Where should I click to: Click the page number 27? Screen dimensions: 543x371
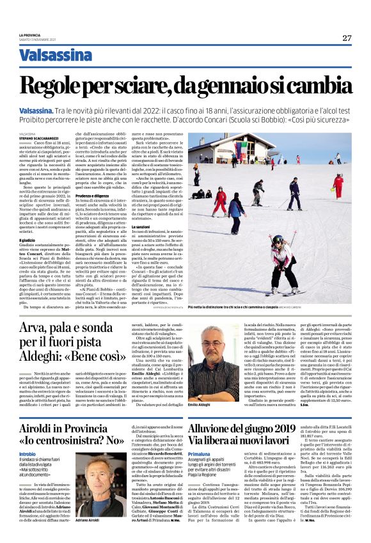[346, 38]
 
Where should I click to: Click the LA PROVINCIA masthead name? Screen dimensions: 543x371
[30, 35]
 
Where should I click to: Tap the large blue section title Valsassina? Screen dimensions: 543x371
[56, 56]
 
